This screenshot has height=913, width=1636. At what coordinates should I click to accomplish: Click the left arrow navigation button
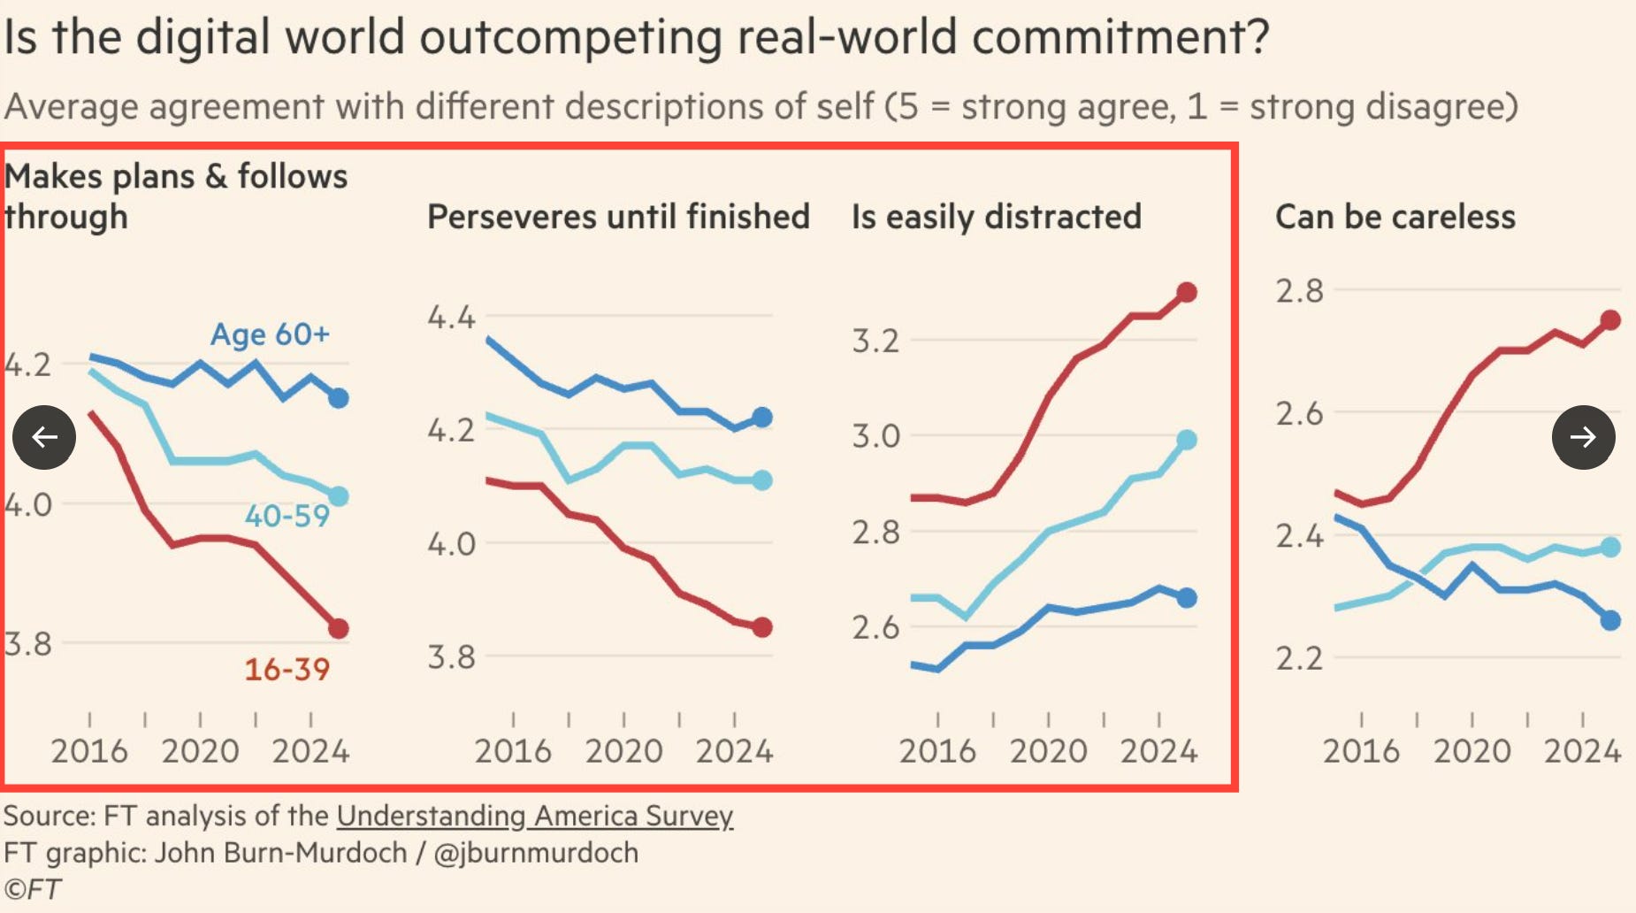coord(44,437)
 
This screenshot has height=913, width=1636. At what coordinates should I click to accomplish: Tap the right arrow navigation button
coord(1583,437)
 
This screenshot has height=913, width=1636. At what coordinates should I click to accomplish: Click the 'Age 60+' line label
coord(270,334)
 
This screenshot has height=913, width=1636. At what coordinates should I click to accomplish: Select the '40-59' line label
coord(287,516)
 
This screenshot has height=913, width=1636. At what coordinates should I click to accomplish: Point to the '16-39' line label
coord(287,669)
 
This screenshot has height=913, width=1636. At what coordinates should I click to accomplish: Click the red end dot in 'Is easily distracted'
coord(1187,293)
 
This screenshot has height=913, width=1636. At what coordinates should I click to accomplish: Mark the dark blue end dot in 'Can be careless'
coord(1610,620)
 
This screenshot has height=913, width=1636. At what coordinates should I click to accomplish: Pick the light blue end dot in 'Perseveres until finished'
coord(762,480)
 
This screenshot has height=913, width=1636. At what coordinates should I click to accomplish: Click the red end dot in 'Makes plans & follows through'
coord(339,629)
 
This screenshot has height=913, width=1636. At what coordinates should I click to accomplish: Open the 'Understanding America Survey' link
coord(534,815)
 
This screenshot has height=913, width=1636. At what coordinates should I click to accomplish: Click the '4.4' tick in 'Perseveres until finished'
coord(451,317)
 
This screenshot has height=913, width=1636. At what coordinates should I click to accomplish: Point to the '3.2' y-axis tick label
coord(875,341)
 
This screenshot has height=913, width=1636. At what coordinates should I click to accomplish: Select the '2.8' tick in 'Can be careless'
coord(1299,290)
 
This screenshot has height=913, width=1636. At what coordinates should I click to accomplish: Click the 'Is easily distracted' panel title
coord(996,217)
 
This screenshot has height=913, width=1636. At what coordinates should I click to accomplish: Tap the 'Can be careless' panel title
coord(1395,217)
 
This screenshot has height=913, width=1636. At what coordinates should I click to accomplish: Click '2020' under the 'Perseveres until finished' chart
coord(623,751)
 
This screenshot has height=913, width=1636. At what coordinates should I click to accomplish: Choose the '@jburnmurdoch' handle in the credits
coord(535,852)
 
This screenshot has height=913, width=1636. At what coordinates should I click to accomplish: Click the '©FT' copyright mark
coord(33,889)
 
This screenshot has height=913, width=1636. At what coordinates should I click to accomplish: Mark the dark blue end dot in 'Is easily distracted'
coord(1187,598)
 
